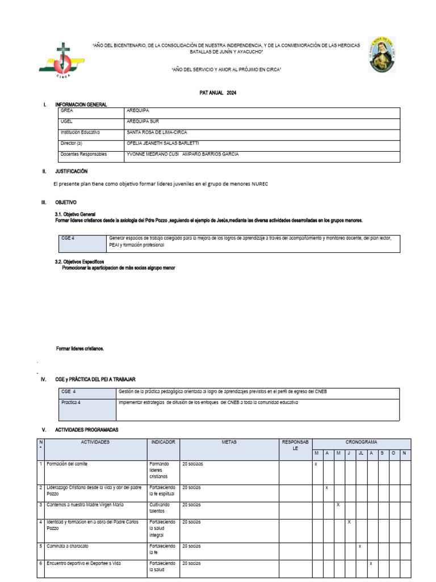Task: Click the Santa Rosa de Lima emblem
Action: [x=382, y=55]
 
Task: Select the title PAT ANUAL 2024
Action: [x=218, y=93]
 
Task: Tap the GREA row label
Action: [x=67, y=111]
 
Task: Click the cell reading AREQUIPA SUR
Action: [x=142, y=122]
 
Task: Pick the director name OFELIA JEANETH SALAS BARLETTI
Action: [x=162, y=143]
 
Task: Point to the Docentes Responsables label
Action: [x=83, y=154]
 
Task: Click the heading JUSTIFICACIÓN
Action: [x=71, y=171]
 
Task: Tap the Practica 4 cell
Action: [x=72, y=402]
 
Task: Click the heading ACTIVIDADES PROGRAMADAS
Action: [x=87, y=430]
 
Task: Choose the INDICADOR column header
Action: [x=163, y=442]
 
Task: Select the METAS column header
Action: [x=229, y=442]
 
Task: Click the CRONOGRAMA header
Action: [x=362, y=442]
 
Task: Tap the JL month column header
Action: [x=360, y=453]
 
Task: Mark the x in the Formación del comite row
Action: [x=316, y=464]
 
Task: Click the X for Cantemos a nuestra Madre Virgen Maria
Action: [x=338, y=505]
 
